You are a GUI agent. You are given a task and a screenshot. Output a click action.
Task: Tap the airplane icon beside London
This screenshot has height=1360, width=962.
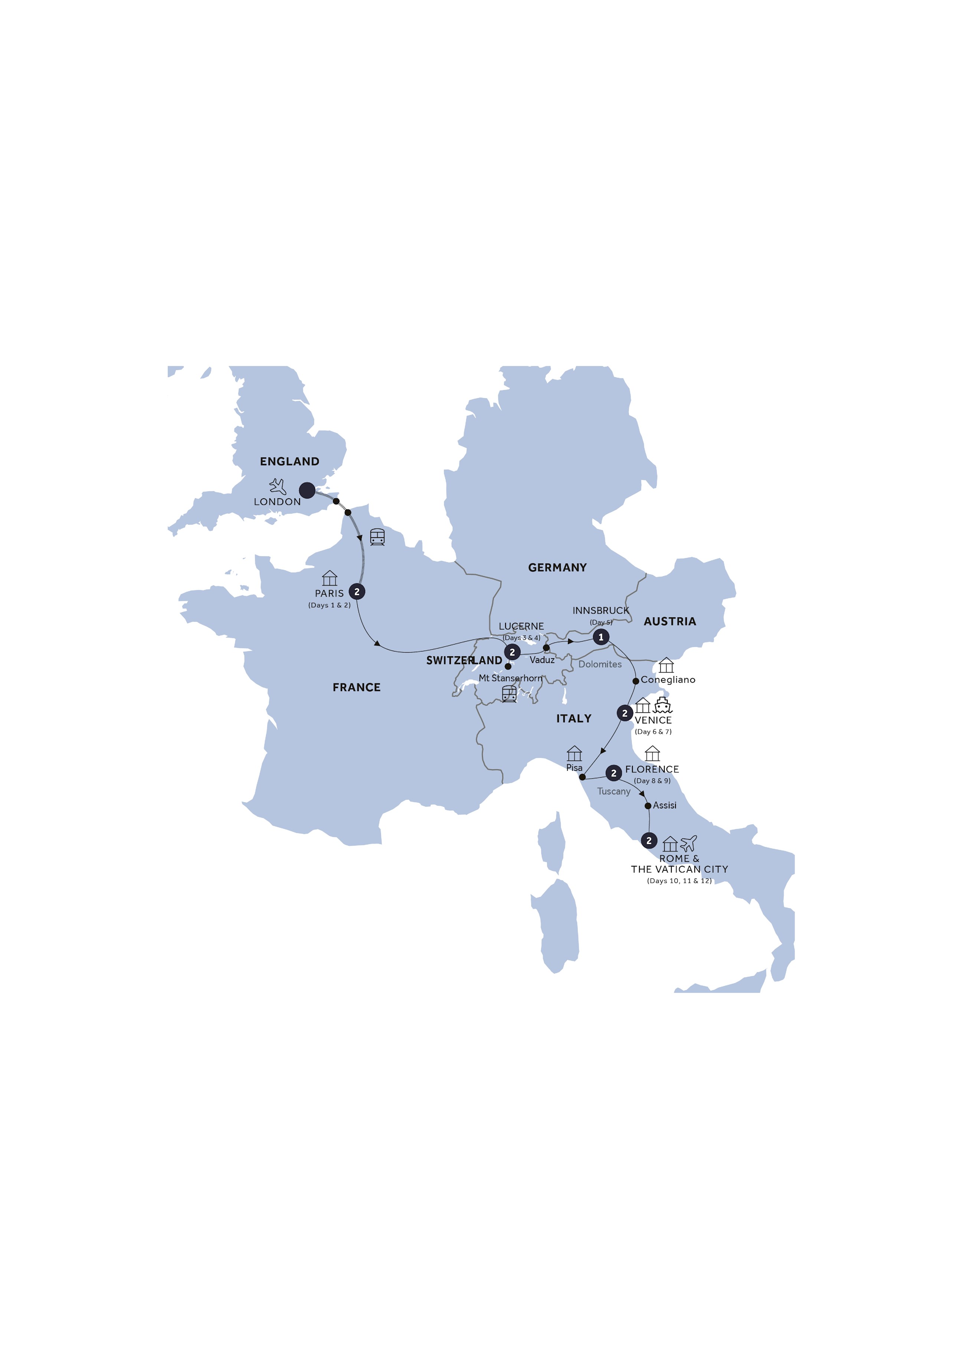pos(277,486)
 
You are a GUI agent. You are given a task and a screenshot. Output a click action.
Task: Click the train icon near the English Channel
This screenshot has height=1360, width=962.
pos(377,537)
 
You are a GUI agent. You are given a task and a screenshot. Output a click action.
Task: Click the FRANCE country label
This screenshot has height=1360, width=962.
pos(356,687)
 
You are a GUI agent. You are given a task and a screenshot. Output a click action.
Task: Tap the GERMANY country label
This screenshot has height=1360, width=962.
pos(557,568)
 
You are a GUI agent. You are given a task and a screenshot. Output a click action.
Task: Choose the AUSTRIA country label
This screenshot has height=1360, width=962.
pos(670,621)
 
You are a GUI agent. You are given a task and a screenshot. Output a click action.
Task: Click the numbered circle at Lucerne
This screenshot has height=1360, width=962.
pos(512,652)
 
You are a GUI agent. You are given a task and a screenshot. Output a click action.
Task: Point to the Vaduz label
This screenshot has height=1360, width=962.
pos(542,660)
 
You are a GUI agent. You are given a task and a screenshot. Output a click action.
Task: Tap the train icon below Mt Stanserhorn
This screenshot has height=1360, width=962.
pos(509,694)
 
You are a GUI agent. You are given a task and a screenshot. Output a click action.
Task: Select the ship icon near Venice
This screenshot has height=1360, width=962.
pos(662,705)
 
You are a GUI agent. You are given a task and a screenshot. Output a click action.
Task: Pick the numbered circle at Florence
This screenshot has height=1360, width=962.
pos(613,773)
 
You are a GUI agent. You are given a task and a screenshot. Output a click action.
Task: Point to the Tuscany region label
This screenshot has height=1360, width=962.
pos(613,791)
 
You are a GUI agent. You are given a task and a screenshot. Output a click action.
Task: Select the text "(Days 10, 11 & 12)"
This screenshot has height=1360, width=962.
pos(679,881)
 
